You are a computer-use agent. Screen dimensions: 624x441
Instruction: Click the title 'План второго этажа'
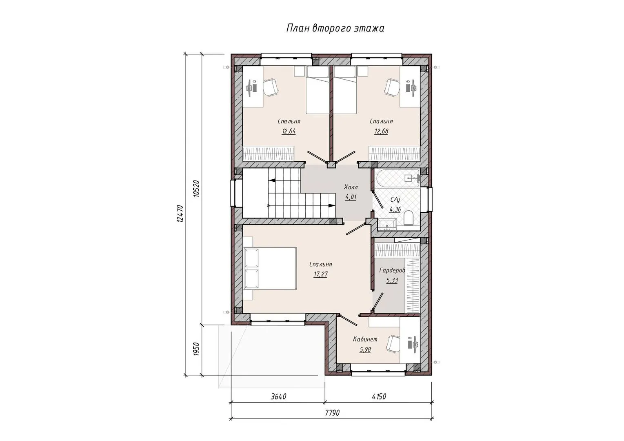click(x=335, y=29)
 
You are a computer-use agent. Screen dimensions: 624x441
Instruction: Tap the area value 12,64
click(x=289, y=131)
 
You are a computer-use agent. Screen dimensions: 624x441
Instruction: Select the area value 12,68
click(x=381, y=131)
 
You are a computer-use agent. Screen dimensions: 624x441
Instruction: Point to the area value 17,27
click(x=321, y=274)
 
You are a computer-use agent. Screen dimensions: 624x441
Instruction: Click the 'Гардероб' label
click(x=392, y=270)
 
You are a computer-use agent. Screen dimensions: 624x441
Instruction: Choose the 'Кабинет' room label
click(x=365, y=339)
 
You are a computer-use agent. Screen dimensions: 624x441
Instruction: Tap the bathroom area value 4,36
click(x=395, y=209)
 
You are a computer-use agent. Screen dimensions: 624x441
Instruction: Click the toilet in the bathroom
click(x=409, y=218)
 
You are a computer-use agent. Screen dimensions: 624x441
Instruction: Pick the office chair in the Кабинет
click(x=393, y=344)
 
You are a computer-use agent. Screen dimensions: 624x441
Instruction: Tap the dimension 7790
click(x=332, y=413)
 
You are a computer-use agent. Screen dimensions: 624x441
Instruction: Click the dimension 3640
click(x=279, y=396)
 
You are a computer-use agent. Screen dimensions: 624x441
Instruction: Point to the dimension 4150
click(x=379, y=396)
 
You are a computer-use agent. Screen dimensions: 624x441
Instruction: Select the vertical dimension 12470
click(x=180, y=213)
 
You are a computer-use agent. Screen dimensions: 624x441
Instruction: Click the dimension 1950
click(x=196, y=348)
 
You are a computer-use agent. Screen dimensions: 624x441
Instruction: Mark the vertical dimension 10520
click(x=196, y=189)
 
